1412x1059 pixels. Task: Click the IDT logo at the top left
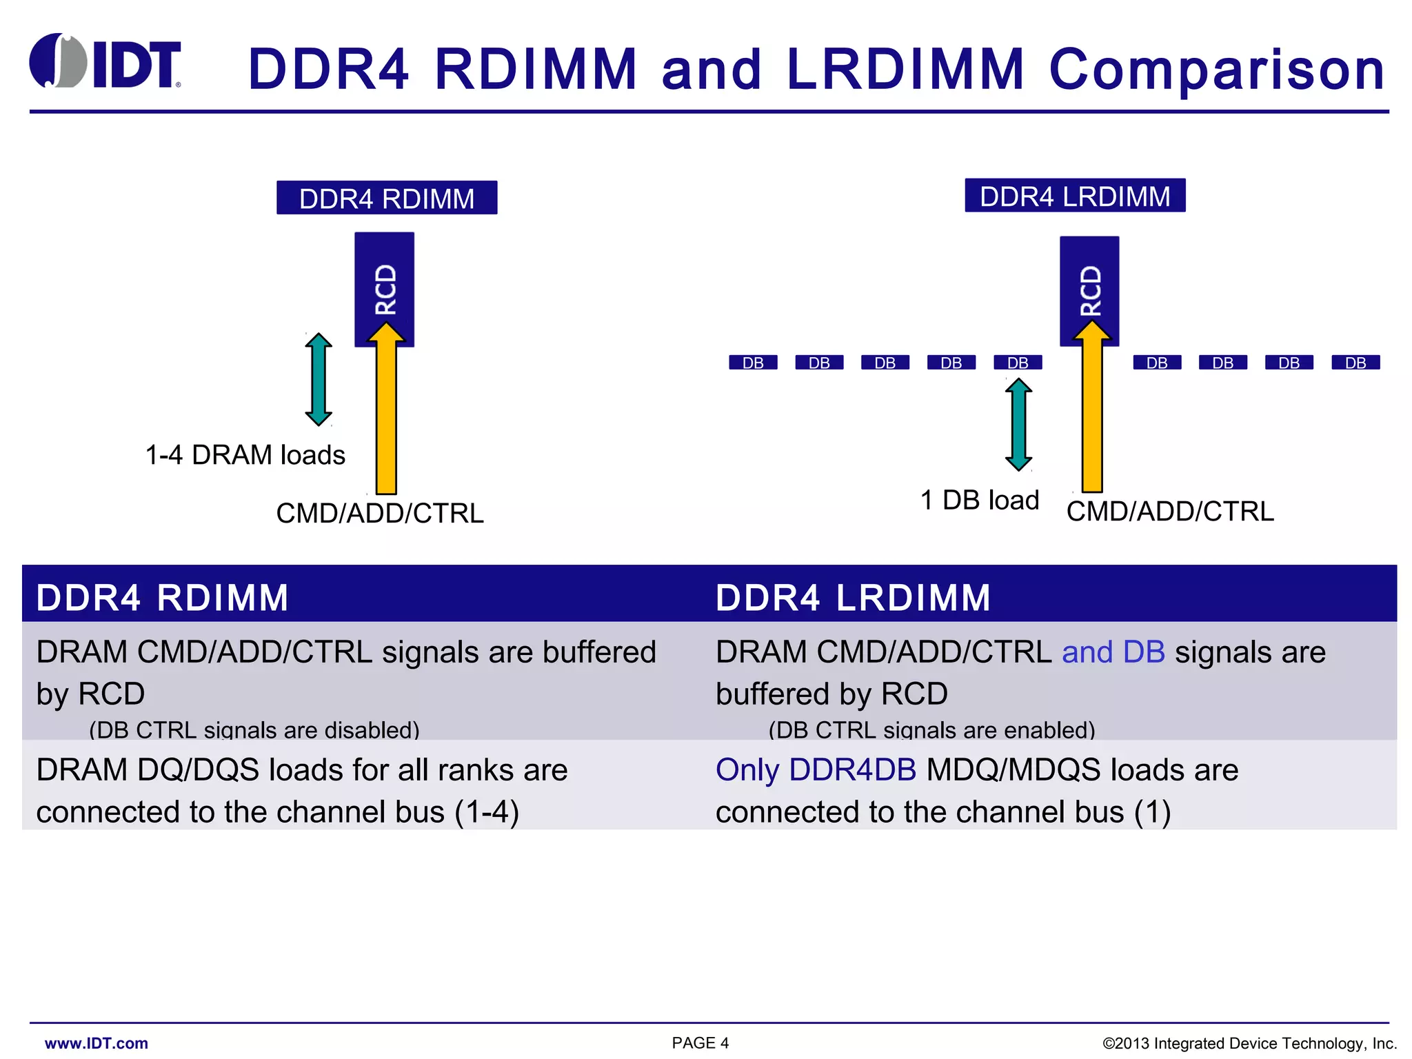pyautogui.click(x=105, y=62)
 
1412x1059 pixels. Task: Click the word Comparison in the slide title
pyautogui.click(x=1217, y=70)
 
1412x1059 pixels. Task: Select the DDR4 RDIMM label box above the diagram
pyautogui.click(x=387, y=199)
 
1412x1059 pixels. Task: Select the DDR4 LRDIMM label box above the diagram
pyautogui.click(x=1074, y=196)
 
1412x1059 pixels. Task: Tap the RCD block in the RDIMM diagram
pyautogui.click(x=385, y=283)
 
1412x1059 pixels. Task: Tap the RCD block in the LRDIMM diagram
pyautogui.click(x=1089, y=286)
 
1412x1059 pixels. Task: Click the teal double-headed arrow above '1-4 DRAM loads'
pyautogui.click(x=319, y=379)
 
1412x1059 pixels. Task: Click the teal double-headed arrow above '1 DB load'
pyautogui.click(x=1018, y=425)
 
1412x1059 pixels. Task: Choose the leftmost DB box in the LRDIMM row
pyautogui.click(x=753, y=363)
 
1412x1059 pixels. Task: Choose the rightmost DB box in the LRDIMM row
pyautogui.click(x=1355, y=363)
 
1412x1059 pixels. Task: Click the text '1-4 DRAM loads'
pyautogui.click(x=245, y=455)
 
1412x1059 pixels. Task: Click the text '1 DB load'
pyautogui.click(x=979, y=500)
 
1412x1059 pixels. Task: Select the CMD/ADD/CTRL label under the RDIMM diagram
pyautogui.click(x=380, y=514)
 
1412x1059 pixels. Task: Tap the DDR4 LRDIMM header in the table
pyautogui.click(x=853, y=597)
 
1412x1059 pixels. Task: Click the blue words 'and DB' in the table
pyautogui.click(x=1113, y=652)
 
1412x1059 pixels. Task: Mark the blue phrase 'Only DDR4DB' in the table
pyautogui.click(x=816, y=770)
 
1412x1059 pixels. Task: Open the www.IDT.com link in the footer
pyautogui.click(x=97, y=1043)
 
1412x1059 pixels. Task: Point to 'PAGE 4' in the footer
pyautogui.click(x=700, y=1043)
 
